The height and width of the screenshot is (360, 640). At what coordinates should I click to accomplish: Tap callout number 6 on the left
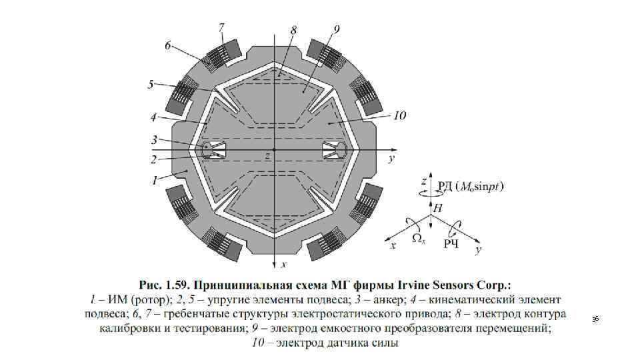pyautogui.click(x=169, y=46)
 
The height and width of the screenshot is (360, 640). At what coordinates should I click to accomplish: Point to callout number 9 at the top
pyautogui.click(x=336, y=29)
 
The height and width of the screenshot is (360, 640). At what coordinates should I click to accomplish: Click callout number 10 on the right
pyautogui.click(x=399, y=116)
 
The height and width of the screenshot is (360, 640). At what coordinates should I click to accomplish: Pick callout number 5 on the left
pyautogui.click(x=151, y=84)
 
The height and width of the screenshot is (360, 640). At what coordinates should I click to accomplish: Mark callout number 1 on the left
pyautogui.click(x=154, y=180)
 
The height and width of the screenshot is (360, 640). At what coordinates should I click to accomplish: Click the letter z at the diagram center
pyautogui.click(x=267, y=156)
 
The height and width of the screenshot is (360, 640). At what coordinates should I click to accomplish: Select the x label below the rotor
pyautogui.click(x=283, y=265)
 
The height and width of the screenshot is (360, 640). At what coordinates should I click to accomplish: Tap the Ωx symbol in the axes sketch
pyautogui.click(x=419, y=236)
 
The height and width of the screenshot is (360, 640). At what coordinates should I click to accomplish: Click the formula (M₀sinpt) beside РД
pyautogui.click(x=481, y=186)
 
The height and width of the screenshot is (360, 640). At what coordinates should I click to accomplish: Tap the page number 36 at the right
pyautogui.click(x=596, y=321)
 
